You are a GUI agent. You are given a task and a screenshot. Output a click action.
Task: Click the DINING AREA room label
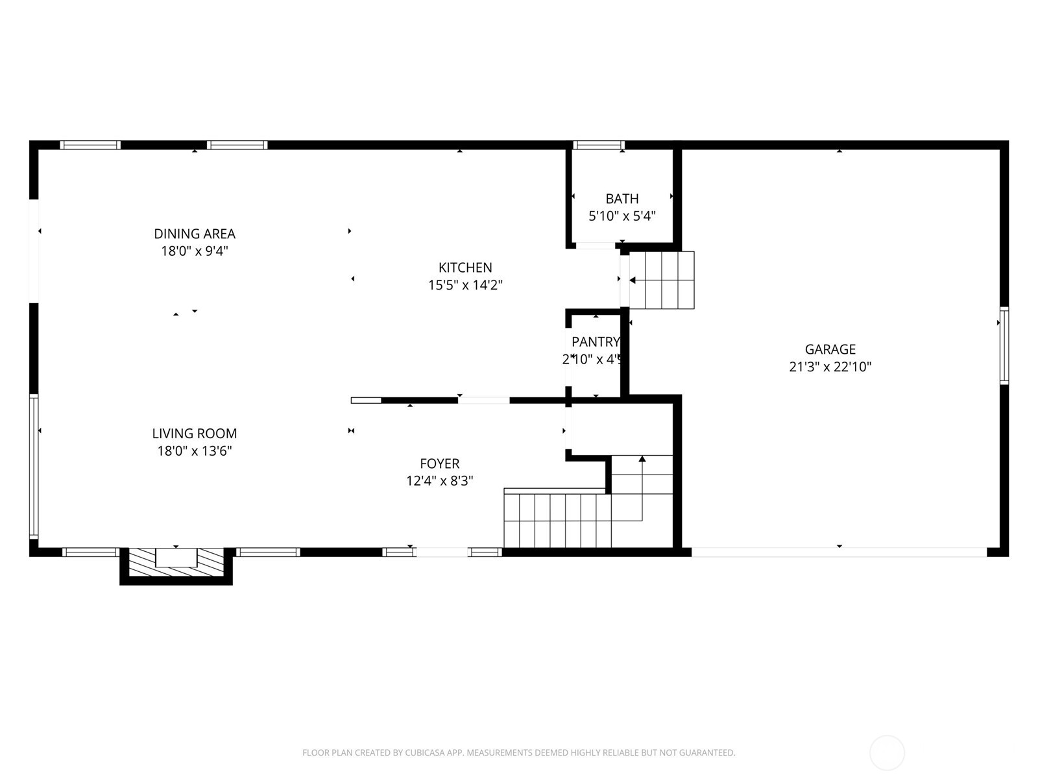coord(194,234)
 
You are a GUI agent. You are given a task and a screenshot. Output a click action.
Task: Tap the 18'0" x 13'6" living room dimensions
coord(194,451)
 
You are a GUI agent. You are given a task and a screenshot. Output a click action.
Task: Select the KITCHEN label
coord(465,267)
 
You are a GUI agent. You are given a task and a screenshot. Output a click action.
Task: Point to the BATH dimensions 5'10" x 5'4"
coord(622,216)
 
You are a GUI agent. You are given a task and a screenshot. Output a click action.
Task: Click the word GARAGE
coord(830,349)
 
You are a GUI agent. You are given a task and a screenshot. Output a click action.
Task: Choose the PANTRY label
coord(595,341)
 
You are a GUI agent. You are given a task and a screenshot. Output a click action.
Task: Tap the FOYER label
coord(439,464)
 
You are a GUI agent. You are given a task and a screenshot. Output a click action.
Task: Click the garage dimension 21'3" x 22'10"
coord(830,367)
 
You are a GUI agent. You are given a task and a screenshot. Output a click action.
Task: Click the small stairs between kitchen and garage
coord(662,280)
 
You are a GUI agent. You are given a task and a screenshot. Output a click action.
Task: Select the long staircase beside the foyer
coord(558,520)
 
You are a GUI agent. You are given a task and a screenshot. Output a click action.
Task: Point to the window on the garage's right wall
coord(1004,345)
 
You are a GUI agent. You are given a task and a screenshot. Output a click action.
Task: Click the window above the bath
coord(598,145)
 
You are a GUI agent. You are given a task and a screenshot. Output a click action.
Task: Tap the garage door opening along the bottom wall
coord(839,552)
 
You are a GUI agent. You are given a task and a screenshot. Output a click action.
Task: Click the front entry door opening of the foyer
coord(441,552)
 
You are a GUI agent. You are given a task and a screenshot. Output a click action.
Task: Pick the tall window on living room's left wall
coord(34,465)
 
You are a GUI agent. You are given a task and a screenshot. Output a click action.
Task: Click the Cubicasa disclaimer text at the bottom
coord(518,753)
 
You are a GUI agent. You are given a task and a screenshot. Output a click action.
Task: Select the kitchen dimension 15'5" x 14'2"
coord(465,285)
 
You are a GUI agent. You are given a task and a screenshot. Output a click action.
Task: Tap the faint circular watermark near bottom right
coord(886,753)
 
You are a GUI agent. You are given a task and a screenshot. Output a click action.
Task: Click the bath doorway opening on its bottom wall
coord(596,245)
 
